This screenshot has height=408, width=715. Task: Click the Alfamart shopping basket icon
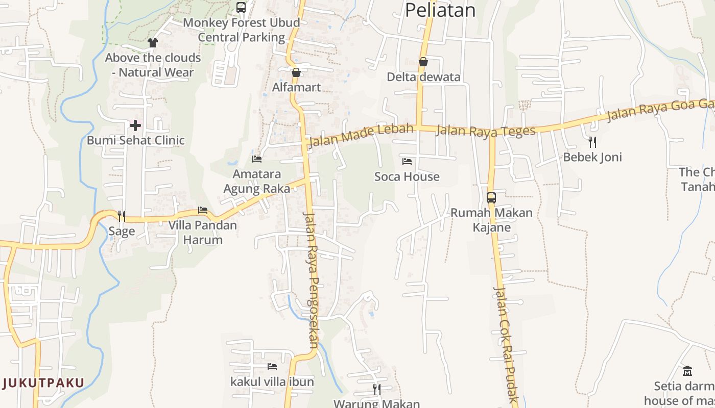(296, 72)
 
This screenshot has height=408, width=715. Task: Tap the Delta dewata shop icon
(423, 62)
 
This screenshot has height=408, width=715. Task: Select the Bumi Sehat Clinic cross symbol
(135, 125)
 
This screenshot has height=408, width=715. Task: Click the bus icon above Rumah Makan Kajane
(491, 198)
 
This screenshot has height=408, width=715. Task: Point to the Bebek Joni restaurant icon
(592, 142)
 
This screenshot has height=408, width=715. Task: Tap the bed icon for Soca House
(407, 162)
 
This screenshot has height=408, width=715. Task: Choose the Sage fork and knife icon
(122, 216)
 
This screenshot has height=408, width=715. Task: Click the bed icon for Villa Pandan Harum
(203, 210)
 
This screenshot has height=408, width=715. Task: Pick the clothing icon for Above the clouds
(152, 43)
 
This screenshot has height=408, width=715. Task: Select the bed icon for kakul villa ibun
(272, 366)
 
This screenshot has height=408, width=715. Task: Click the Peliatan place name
(440, 10)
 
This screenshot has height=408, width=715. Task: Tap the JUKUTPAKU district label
(43, 382)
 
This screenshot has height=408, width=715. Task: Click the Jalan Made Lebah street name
(361, 135)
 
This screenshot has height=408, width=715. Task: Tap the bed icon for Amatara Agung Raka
(257, 159)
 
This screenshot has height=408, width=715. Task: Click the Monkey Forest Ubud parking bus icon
(241, 8)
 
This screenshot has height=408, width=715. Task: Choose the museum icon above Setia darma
(687, 371)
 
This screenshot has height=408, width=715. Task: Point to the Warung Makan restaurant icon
(377, 390)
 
